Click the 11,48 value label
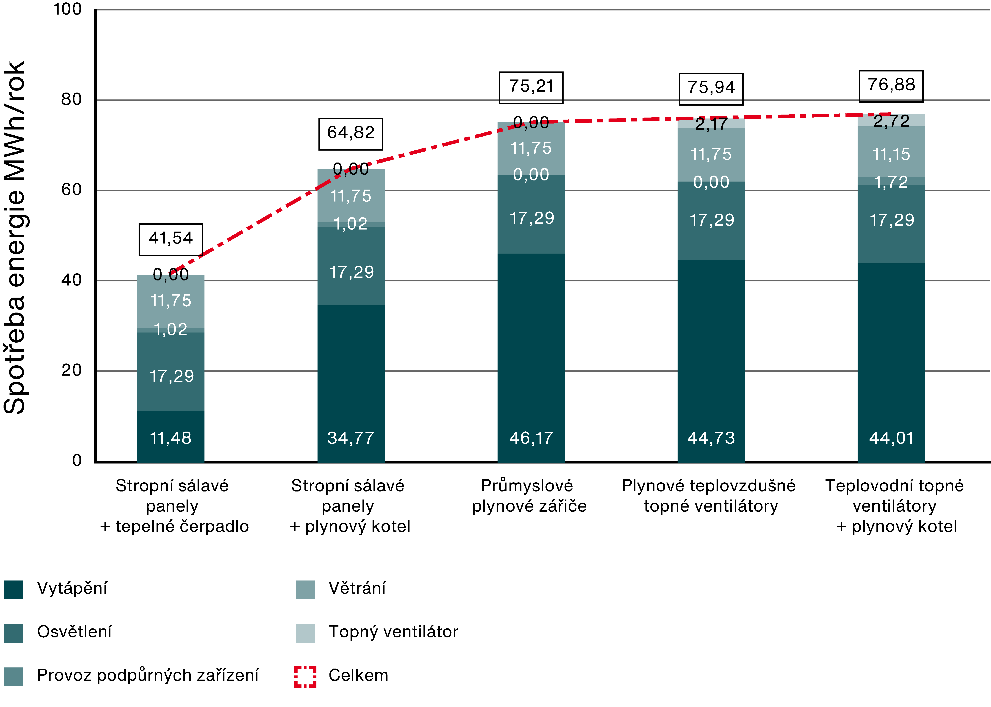point(171,438)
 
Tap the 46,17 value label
point(531,438)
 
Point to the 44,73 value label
point(711,438)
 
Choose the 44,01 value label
point(891,438)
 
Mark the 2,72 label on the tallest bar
point(891,121)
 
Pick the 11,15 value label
point(891,154)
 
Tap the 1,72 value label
point(891,182)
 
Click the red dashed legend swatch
point(305,677)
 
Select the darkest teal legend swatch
point(14,590)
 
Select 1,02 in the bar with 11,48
point(171,330)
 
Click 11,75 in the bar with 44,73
point(711,154)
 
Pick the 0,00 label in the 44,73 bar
point(711,182)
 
